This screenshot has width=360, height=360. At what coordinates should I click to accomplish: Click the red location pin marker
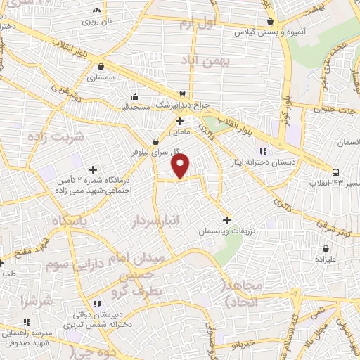[181, 167]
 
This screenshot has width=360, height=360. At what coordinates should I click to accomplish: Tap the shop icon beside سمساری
[103, 68]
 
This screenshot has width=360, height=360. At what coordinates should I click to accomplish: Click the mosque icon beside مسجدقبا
[136, 98]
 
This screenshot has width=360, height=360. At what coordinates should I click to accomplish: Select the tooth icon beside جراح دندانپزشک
[183, 94]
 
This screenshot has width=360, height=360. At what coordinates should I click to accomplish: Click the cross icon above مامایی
[180, 121]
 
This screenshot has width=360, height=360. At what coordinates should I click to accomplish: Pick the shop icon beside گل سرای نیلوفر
[156, 141]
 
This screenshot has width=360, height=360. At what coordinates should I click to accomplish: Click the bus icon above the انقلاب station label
[336, 172]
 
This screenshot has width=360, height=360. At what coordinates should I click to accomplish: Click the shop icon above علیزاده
[326, 248]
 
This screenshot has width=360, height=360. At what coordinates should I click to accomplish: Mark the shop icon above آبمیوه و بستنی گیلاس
[270, 22]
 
